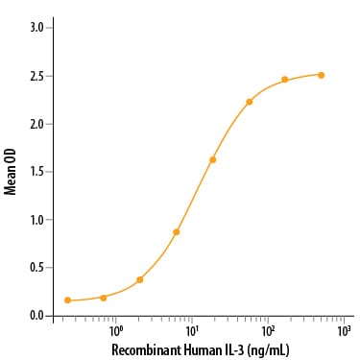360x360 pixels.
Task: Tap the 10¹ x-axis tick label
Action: click(191, 329)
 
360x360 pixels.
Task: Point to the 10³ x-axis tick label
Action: click(343, 329)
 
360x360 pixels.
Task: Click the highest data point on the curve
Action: click(322, 75)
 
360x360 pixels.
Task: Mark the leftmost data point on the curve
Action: click(67, 300)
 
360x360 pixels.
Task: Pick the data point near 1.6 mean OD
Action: click(212, 159)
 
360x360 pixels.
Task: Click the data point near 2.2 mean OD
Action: click(249, 102)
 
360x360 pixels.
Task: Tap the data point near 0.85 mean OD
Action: click(177, 232)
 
